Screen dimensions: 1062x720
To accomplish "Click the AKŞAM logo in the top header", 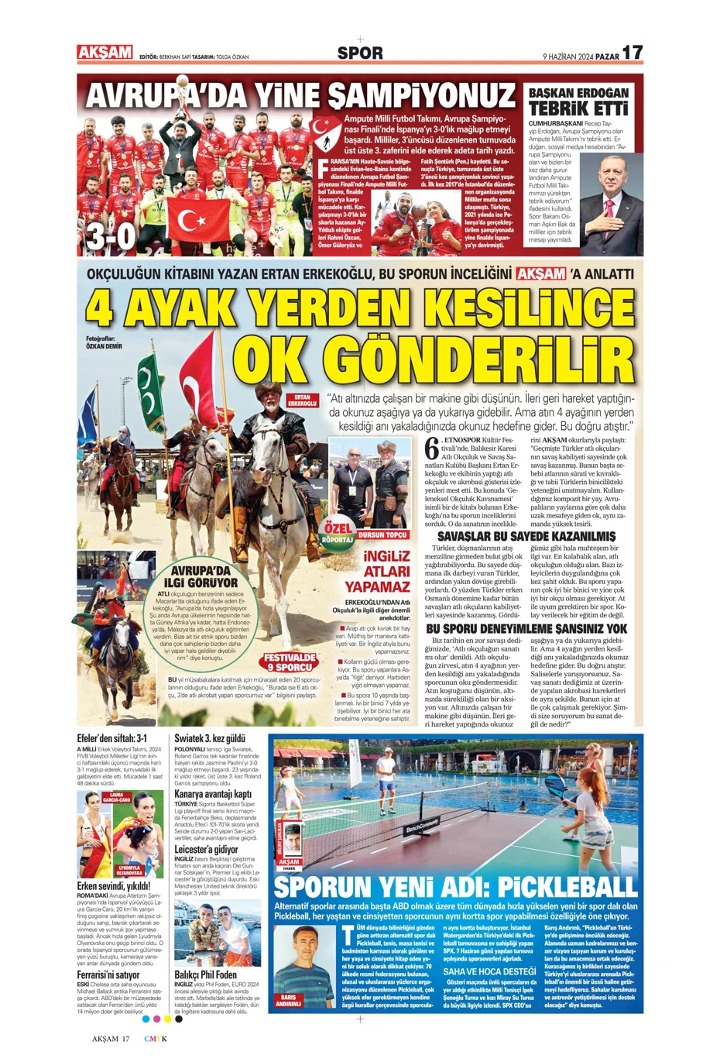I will [x=105, y=52].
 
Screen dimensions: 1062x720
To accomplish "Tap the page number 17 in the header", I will [x=633, y=52].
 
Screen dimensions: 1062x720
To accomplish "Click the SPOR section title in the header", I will [x=360, y=53].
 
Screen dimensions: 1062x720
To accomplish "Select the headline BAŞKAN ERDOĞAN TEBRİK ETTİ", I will [x=578, y=101].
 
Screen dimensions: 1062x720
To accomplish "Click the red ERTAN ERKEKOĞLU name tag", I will [x=302, y=400].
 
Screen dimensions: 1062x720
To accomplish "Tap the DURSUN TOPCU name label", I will [x=382, y=535].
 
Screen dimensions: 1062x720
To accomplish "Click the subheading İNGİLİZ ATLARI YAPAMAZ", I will [x=376, y=571].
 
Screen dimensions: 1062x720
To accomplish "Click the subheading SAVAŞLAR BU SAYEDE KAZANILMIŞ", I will [x=526, y=536].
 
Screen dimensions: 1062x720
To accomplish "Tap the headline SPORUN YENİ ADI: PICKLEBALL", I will [x=455, y=886].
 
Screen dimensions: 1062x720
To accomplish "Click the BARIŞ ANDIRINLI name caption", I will [x=289, y=1000].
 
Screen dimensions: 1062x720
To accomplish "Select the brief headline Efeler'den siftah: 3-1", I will [x=111, y=738].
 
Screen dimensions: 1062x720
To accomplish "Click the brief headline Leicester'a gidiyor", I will [x=206, y=850].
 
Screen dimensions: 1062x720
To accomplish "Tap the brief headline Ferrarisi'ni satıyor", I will [x=108, y=974].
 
